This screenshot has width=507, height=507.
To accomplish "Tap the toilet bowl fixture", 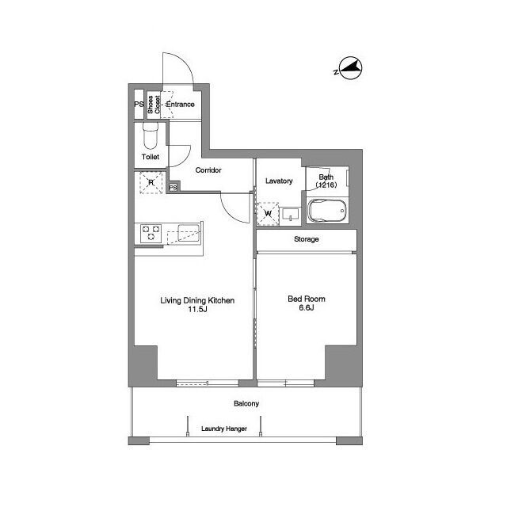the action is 151,135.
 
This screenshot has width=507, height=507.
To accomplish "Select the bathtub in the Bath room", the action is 327,211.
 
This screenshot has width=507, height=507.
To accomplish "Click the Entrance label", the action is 180,104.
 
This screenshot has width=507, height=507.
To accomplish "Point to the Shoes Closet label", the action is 154,105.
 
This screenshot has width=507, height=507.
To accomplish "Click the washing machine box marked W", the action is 268,214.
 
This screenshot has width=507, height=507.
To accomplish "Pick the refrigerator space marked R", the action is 151,183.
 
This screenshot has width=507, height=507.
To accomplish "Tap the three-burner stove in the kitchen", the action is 151,233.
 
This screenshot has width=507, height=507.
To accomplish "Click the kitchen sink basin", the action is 188,233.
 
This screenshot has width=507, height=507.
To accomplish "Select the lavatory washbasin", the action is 291,215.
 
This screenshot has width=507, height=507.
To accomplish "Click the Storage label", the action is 307,239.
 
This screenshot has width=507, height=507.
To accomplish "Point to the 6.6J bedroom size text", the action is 307,307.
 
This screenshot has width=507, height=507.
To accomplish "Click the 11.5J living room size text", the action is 197,309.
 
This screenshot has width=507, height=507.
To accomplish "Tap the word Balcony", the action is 246,403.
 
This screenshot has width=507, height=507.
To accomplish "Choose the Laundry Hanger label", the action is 224,429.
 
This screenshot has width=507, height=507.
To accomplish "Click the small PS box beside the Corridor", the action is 173,187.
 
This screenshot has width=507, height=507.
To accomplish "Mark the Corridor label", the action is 208,170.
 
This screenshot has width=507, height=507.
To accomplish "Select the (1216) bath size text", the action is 326,185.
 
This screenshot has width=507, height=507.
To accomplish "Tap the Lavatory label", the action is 279,181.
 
